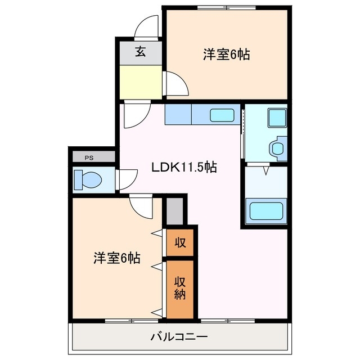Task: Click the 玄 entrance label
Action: coord(140,52)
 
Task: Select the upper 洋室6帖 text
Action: coord(226,55)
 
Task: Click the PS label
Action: coord(88,158)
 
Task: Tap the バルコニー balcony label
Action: coord(179,337)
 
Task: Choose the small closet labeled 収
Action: coord(179,242)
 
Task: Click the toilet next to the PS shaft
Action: coord(88,181)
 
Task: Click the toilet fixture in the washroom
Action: coord(277,148)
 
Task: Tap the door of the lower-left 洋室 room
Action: coord(141,208)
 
